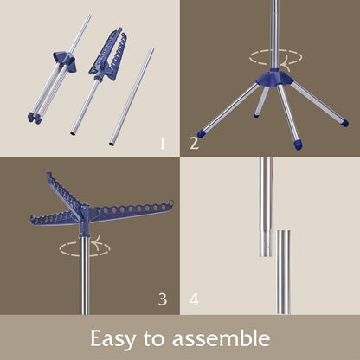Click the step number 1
pos(163,144)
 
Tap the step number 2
pos(194,144)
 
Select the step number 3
pos(163,299)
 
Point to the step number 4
pos(194,299)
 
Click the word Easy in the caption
pos(112,339)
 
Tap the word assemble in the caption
pos(222,337)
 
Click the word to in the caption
pos(154,338)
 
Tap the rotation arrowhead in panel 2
pos(285,66)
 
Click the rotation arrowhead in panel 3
pos(97,241)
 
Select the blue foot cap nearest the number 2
pos(202,133)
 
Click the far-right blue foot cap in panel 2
pos(344,123)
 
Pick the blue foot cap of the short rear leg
pos(256,116)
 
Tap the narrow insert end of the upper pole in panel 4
pos(266,244)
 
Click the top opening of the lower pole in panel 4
pos(283,231)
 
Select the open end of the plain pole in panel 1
pos(112,144)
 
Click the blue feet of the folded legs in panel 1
pos(35,118)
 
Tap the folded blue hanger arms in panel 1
pos(109,55)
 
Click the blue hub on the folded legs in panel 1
pos(65,61)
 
